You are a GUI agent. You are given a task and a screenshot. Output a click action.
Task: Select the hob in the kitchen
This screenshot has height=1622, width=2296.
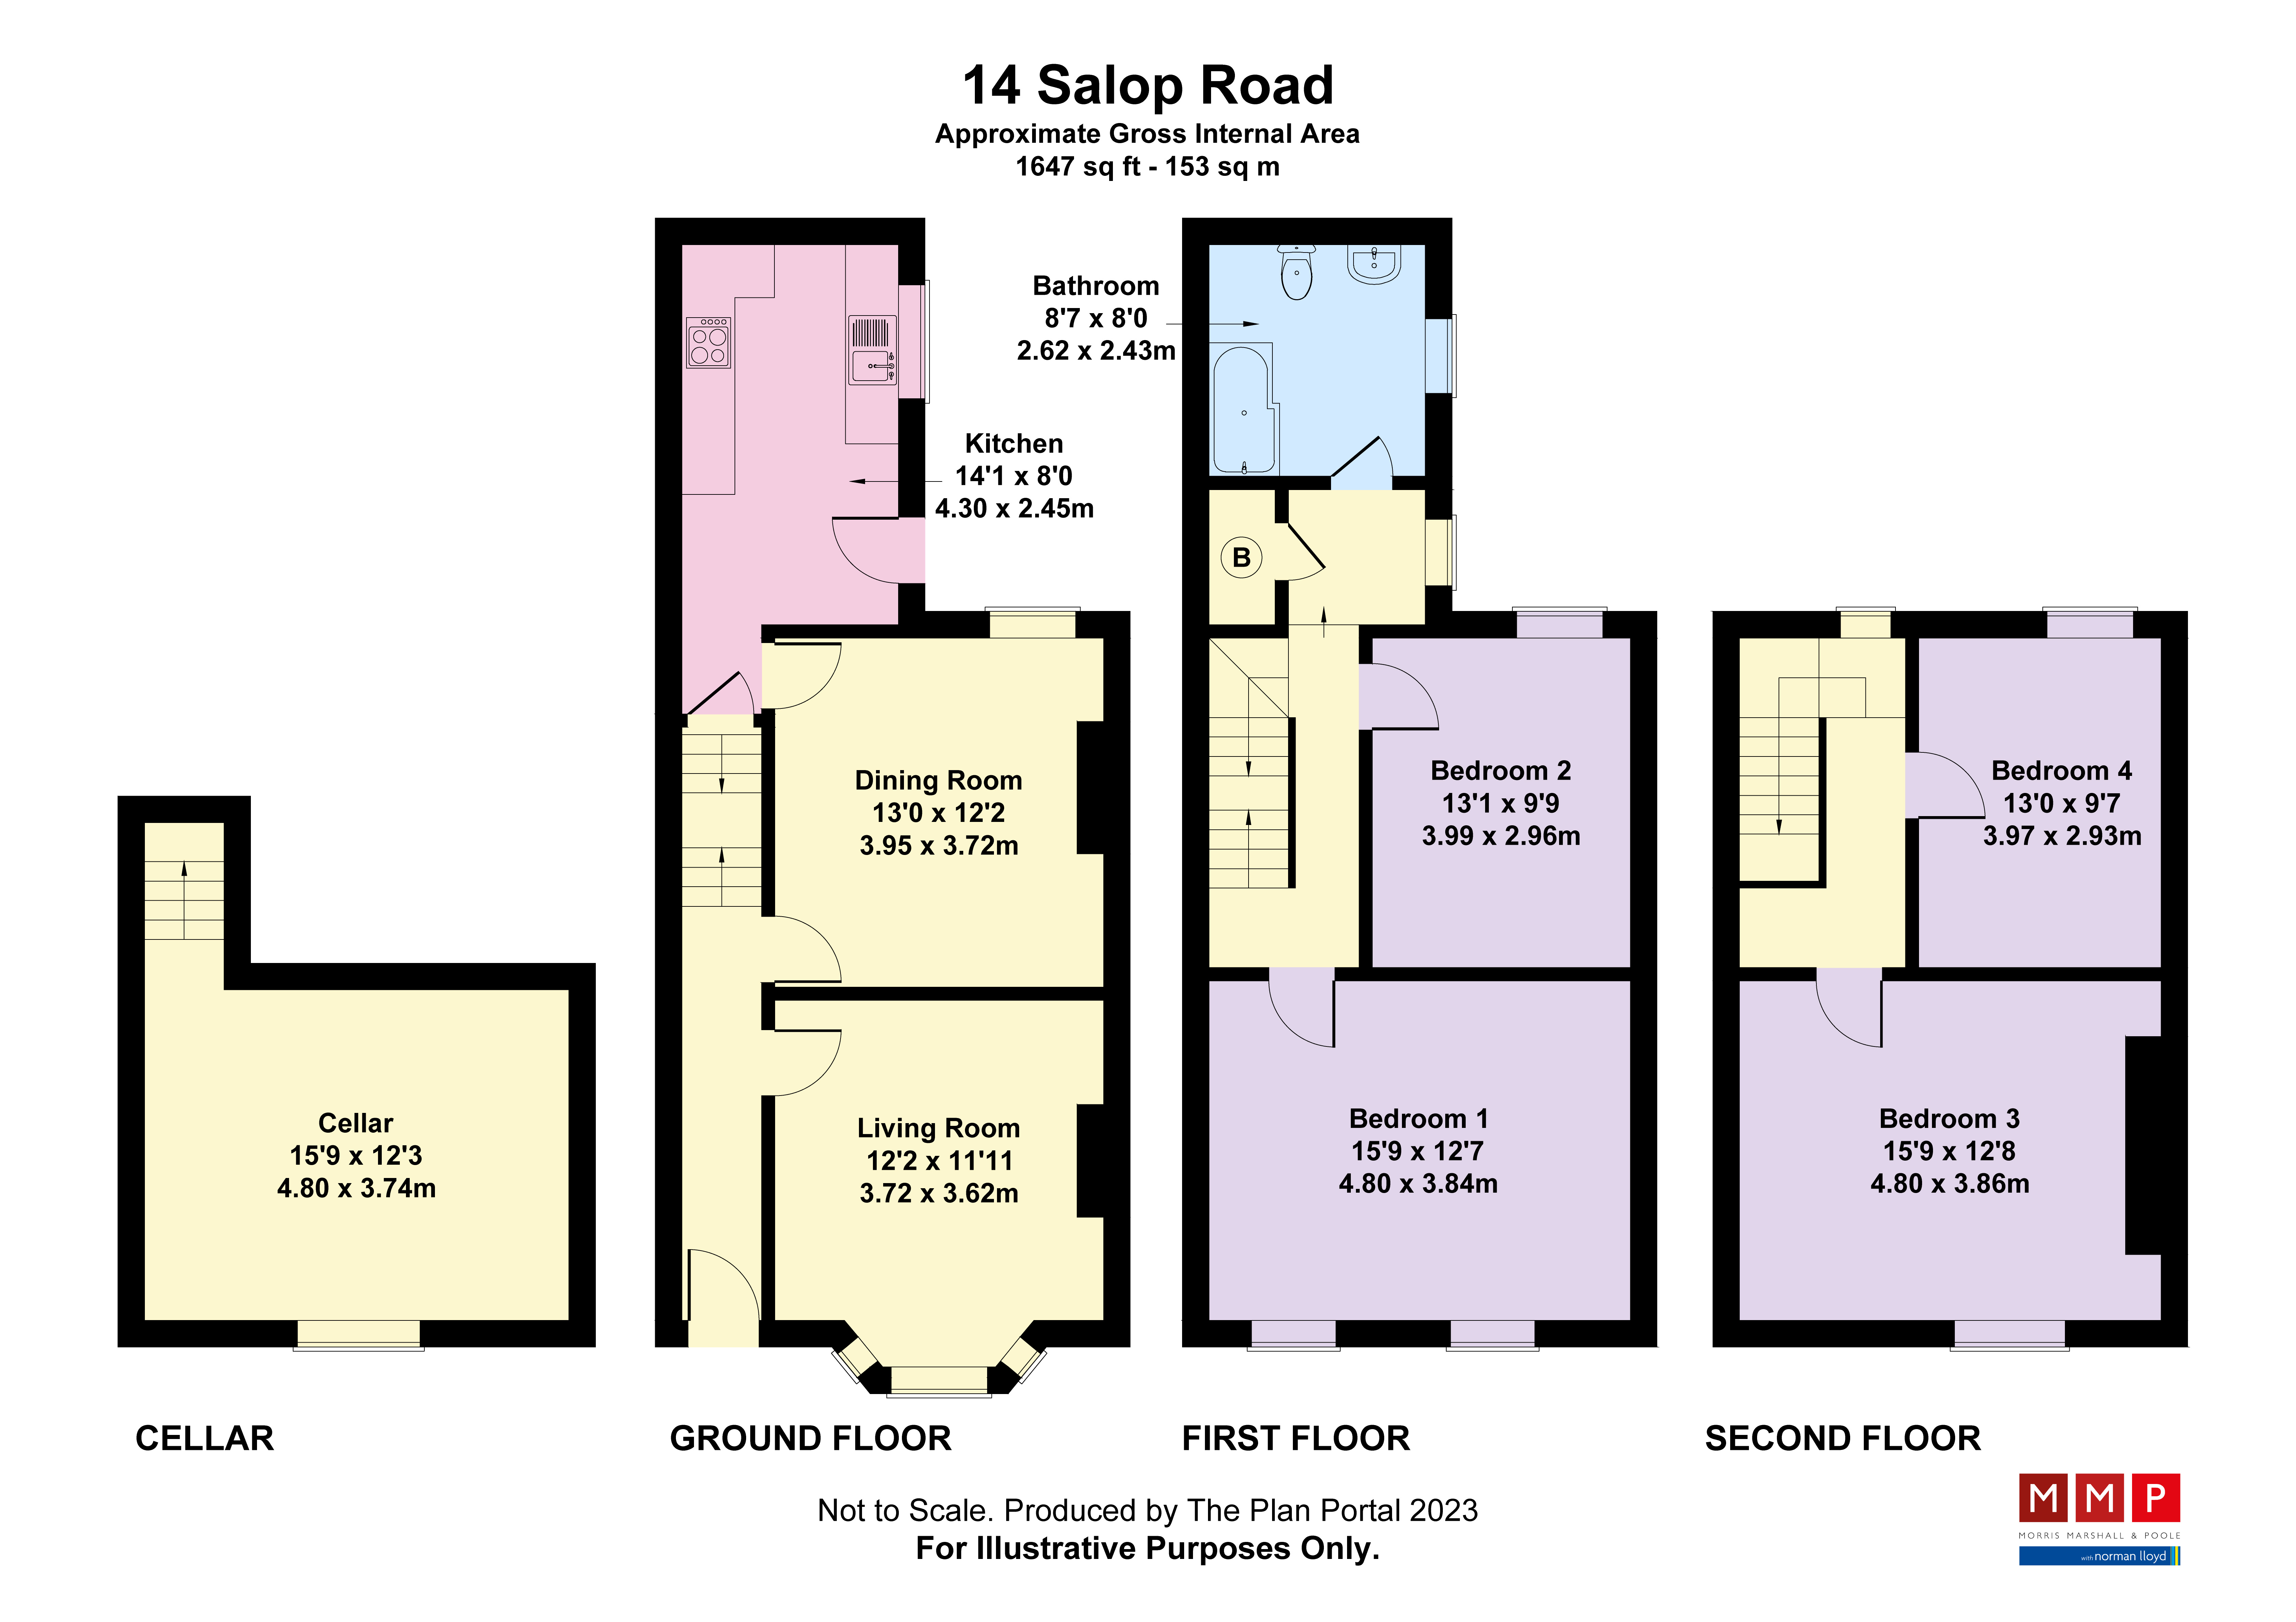coord(708,342)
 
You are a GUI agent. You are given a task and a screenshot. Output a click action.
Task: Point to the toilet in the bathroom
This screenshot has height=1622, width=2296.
coord(1296,272)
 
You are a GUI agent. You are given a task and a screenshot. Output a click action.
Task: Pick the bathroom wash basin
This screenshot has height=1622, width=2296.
coord(1374,264)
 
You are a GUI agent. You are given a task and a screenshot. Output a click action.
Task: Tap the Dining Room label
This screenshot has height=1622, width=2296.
coord(938,780)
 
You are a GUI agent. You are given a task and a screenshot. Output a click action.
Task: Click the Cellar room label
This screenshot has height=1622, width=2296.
coord(356,1123)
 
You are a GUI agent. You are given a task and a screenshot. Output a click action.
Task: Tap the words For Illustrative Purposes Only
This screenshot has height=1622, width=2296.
coord(1148,1548)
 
